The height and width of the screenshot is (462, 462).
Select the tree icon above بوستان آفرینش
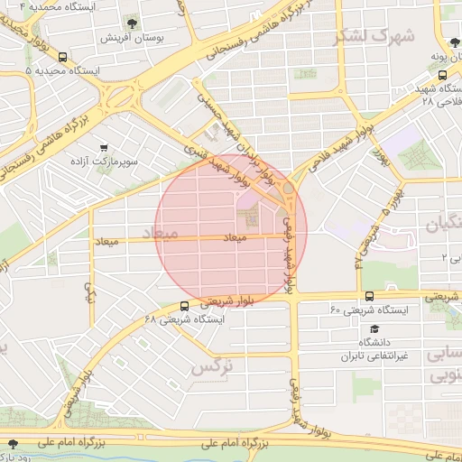pos(133,21)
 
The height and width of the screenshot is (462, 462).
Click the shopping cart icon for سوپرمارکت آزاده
pos(105,146)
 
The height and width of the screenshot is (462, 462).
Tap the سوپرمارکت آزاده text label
pos(106,162)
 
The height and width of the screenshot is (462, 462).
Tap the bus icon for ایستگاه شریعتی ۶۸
pos(184,305)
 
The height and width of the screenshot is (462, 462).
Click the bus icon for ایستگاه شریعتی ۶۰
pos(369,296)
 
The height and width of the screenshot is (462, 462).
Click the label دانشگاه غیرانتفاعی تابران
pos(374,349)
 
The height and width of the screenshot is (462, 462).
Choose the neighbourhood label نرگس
pos(213,367)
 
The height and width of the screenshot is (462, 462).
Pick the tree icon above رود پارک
pos(13,443)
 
